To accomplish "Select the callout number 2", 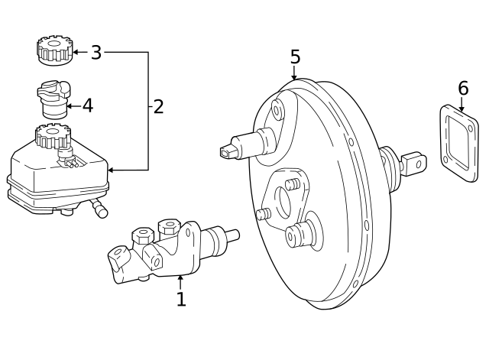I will click(158, 106).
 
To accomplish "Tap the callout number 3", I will click(96, 52).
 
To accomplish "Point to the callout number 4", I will click(87, 105).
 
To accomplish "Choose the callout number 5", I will click(295, 57).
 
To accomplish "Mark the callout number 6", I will click(462, 88).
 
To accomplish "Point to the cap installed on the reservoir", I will click(53, 138).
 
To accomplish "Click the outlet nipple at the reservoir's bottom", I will click(99, 209).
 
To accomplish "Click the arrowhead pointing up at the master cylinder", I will click(180, 279).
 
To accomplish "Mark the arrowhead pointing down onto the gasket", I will click(462, 111).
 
